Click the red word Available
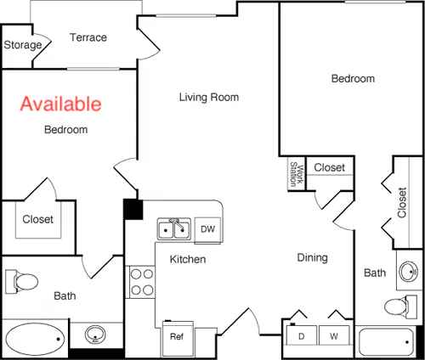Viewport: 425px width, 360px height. point(60,104)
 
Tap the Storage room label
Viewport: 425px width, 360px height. point(23,45)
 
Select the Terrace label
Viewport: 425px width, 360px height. point(88,37)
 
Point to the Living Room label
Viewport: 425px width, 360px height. point(209,97)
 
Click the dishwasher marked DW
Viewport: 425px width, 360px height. point(208,229)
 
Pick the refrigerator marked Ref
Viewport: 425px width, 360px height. point(178,339)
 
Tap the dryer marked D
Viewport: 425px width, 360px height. point(302,335)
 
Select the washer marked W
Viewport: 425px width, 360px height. point(334,335)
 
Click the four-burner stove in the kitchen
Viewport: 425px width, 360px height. point(141,282)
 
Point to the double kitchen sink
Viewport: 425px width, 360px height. point(174,229)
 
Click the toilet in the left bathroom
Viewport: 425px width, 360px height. point(21,282)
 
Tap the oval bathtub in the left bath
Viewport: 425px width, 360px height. point(36,339)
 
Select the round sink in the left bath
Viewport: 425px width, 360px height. point(95,334)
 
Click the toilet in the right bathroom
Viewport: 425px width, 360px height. point(400,307)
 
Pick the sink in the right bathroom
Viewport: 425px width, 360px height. point(409,272)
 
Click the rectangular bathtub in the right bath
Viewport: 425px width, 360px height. point(386,342)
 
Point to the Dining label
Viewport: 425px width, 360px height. point(313,257)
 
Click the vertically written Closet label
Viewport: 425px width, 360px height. point(402,202)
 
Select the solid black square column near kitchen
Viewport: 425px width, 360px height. point(133,210)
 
